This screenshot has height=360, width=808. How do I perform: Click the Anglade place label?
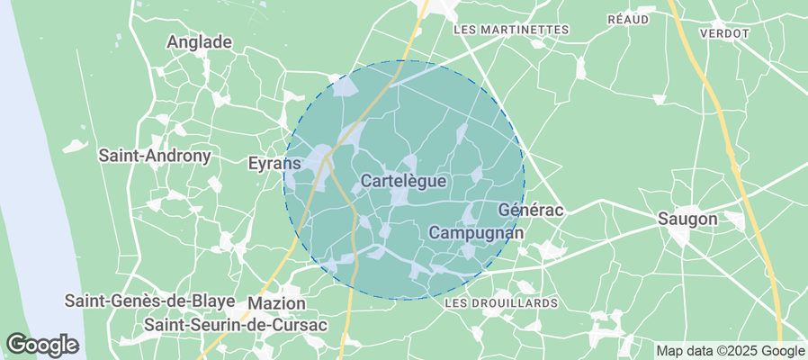(x=200, y=41)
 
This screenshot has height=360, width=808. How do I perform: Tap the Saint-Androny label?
(x=155, y=156)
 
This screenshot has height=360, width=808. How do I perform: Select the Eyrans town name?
(x=274, y=163)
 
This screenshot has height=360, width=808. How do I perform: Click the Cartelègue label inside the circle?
(x=403, y=181)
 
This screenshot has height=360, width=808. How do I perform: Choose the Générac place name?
(x=530, y=210)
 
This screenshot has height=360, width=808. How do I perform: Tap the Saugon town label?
(x=687, y=219)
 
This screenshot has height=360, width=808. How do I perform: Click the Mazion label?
(x=276, y=303)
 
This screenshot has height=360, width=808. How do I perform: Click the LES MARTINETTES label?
(x=511, y=30)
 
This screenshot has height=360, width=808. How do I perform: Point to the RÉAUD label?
(x=629, y=19)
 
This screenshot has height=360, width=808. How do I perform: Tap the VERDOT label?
(x=730, y=32)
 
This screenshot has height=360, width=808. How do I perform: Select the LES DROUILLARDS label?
(x=501, y=303)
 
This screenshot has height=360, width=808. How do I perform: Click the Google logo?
(x=41, y=344)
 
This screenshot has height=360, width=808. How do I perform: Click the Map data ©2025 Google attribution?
(x=730, y=350)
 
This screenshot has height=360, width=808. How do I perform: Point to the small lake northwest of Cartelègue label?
(x=346, y=88)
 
